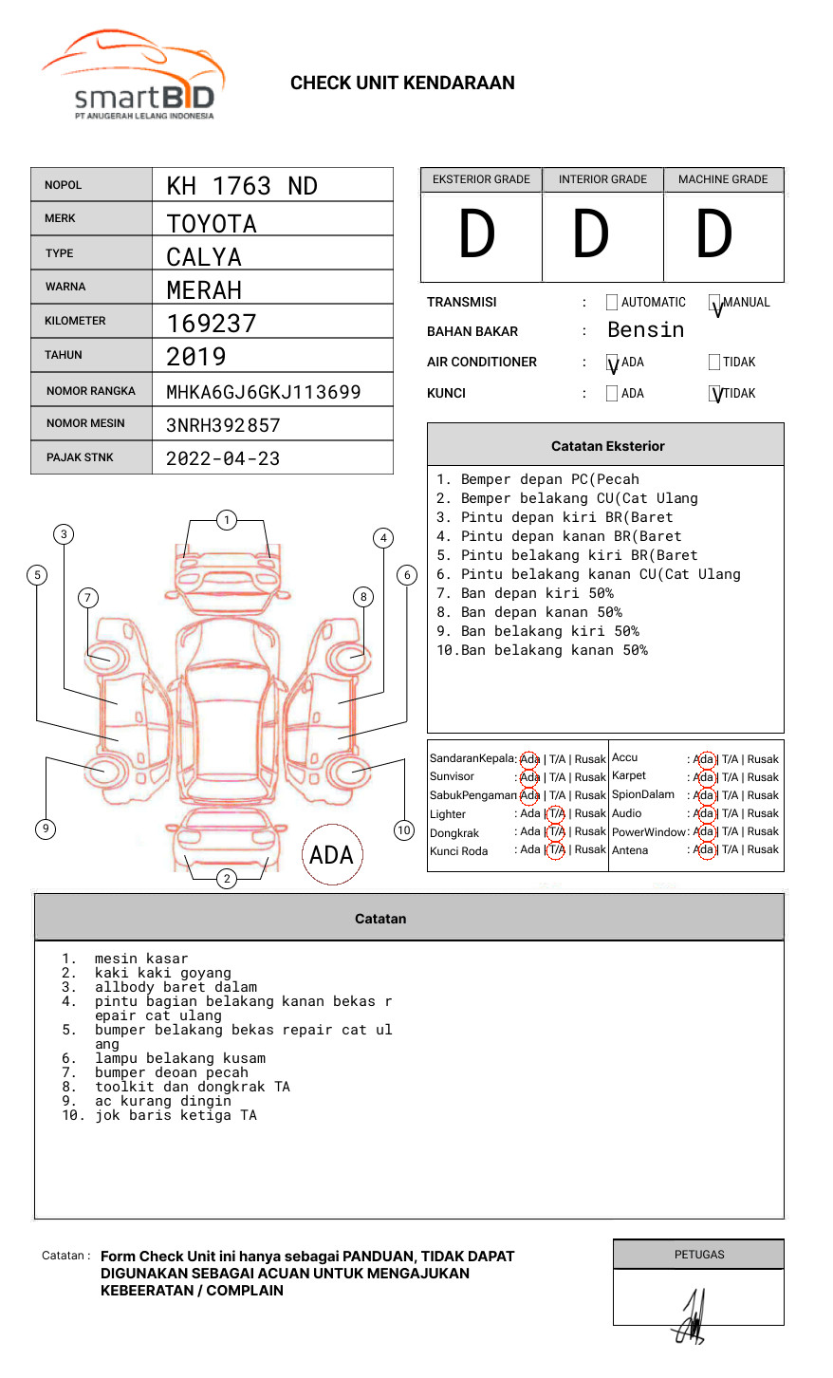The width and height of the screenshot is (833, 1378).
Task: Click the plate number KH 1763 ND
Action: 242,186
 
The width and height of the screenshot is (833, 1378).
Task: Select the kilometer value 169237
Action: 212,324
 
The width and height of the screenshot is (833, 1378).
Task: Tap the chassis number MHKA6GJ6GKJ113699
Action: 263,392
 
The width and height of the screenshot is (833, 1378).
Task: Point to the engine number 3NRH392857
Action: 223,425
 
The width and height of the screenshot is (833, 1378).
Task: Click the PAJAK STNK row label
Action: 80,457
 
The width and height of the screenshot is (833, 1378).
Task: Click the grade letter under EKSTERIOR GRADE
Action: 477,235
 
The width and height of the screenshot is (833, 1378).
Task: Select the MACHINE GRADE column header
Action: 723,179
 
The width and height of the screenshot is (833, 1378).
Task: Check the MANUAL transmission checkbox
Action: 715,304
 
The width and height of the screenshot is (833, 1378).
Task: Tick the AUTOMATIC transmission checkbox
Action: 612,303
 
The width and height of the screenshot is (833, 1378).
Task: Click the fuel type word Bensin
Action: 645,330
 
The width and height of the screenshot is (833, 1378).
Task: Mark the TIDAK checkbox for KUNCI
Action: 715,394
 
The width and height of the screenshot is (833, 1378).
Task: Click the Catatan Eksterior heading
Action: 607,446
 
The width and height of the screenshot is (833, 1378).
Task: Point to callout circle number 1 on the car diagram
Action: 226,520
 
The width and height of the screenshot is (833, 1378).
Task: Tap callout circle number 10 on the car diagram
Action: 404,830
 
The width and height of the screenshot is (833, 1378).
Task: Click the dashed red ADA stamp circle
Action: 331,855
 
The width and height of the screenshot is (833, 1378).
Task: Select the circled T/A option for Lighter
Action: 556,813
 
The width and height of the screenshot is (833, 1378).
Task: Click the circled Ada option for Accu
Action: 704,759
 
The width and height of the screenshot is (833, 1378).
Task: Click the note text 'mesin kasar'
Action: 141,959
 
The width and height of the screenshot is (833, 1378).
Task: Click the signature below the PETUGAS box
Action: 691,1319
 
